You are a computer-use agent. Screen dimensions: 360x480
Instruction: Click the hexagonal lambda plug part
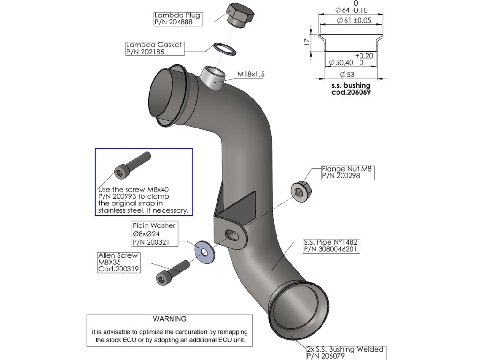pyautogui.click(x=240, y=15)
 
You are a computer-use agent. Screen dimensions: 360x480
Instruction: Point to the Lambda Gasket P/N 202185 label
pyautogui.click(x=154, y=49)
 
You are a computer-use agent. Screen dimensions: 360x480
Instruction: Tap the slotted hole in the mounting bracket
pyautogui.click(x=232, y=233)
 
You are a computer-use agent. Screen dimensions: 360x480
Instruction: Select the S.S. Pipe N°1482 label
pyautogui.click(x=331, y=246)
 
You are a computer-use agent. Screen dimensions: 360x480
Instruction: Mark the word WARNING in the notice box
pyautogui.click(x=170, y=319)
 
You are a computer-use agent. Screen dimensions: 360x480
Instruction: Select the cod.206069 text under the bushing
pyautogui.click(x=351, y=92)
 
